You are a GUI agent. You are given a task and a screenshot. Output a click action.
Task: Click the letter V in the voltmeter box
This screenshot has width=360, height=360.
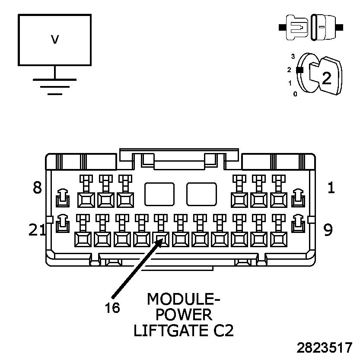55,40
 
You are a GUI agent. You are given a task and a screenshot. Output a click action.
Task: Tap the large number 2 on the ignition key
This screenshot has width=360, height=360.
326,78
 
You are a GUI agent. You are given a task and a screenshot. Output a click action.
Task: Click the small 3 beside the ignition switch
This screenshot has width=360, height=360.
293,56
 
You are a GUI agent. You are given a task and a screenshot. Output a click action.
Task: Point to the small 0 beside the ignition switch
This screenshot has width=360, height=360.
295,94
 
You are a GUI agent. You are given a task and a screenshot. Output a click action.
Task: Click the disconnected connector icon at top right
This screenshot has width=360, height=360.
311,27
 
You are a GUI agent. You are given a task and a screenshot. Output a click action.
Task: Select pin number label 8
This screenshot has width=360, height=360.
38,188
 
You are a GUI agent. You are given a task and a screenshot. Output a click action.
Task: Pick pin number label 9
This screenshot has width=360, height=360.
328,230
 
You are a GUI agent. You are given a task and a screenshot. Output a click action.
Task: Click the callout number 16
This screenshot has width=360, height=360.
112,308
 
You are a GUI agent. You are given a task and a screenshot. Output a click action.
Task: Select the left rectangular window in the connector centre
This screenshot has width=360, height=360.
159,194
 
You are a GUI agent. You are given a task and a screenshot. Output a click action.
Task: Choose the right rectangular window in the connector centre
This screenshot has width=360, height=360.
201,194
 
